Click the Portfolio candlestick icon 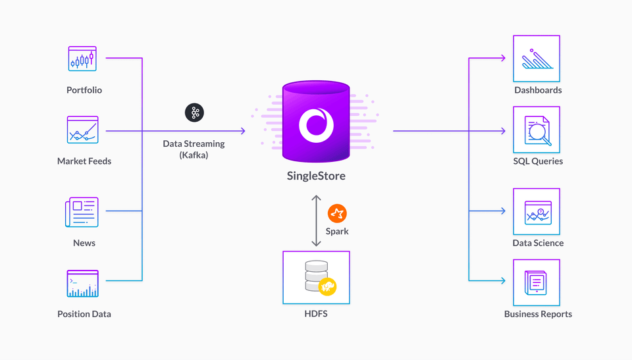click(x=82, y=59)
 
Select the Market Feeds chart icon click(x=82, y=130)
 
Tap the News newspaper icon click(x=82, y=212)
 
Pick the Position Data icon click(x=82, y=284)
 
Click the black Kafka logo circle click(x=194, y=113)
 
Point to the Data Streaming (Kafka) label click(x=194, y=149)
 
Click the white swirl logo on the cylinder click(x=316, y=124)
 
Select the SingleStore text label click(x=316, y=176)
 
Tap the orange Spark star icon click(x=337, y=213)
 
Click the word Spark click(x=337, y=231)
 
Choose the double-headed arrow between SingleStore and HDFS click(x=316, y=220)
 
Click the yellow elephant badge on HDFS click(x=328, y=286)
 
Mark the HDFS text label click(x=316, y=314)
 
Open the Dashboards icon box click(x=537, y=59)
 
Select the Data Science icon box click(x=537, y=212)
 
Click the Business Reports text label click(x=538, y=314)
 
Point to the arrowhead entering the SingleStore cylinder click(x=243, y=131)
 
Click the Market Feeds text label click(x=84, y=161)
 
